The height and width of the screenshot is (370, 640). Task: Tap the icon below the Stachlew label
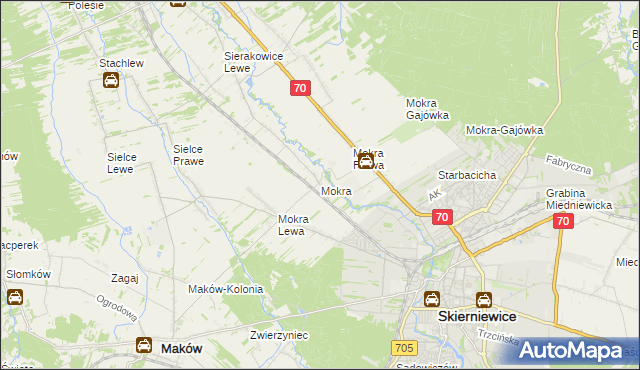pyautogui.click(x=110, y=82)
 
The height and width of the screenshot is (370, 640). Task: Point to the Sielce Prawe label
pyautogui.click(x=189, y=153)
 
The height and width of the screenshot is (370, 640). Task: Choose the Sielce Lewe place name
pyautogui.click(x=128, y=163)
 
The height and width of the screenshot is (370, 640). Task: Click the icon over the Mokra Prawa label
pyautogui.click(x=367, y=160)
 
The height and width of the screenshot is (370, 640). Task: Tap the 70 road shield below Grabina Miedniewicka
pyautogui.click(x=563, y=222)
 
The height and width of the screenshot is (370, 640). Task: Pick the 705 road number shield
pyautogui.click(x=404, y=347)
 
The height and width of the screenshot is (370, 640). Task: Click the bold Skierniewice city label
pyautogui.click(x=477, y=316)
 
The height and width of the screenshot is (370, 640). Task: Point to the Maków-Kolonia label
pyautogui.click(x=226, y=289)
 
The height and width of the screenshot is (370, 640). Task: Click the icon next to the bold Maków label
pyautogui.click(x=143, y=346)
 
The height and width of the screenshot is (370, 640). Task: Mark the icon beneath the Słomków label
pyautogui.click(x=15, y=297)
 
